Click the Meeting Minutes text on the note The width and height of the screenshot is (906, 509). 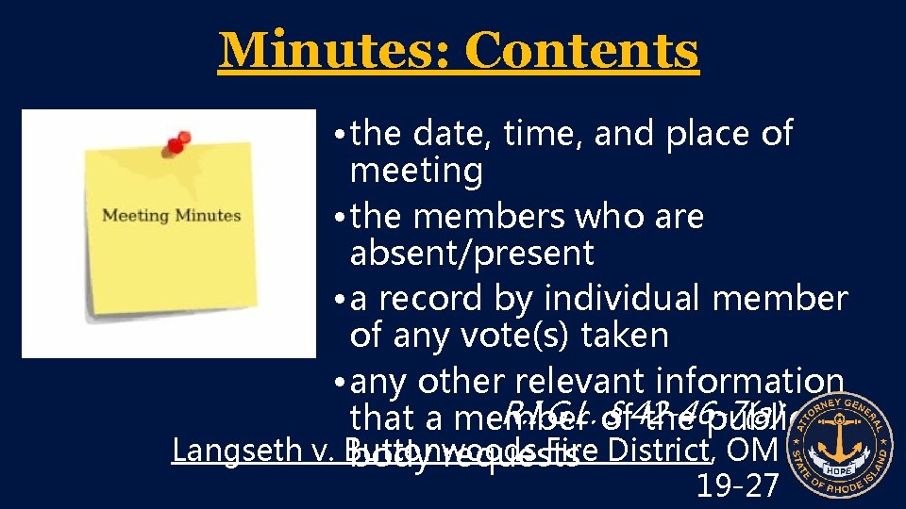(171, 216)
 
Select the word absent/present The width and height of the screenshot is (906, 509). (472, 253)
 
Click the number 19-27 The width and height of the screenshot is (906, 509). (737, 484)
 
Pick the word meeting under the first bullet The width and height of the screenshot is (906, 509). (416, 171)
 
